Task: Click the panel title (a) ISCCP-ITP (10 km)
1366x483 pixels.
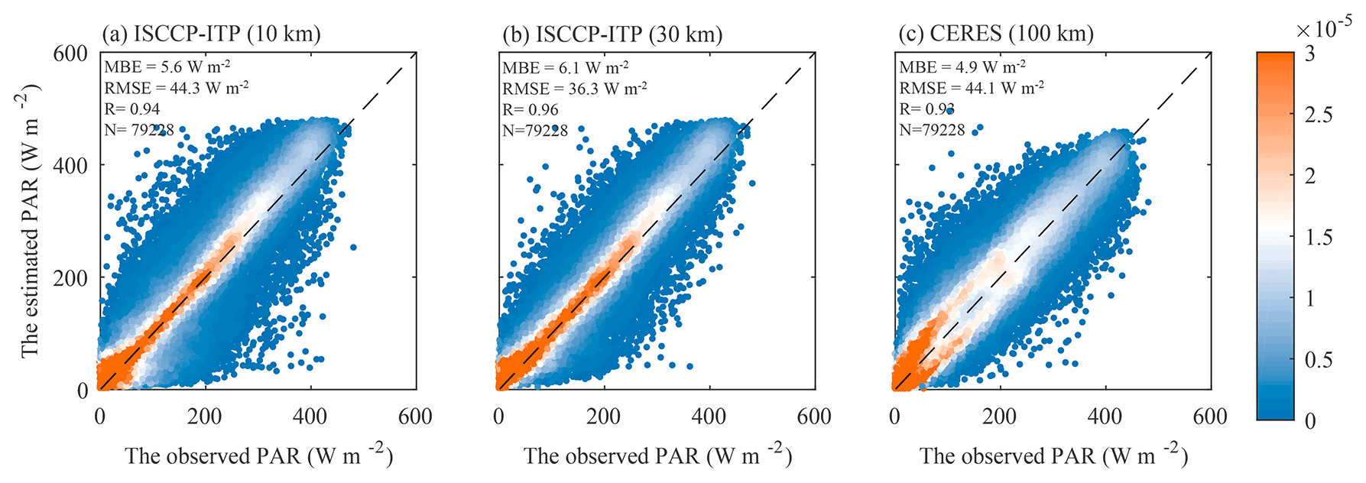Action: (212, 34)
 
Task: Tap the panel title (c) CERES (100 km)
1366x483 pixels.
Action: (996, 34)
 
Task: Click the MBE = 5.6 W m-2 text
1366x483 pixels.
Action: (167, 67)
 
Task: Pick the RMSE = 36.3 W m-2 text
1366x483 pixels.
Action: (574, 89)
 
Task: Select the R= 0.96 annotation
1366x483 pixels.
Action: (530, 110)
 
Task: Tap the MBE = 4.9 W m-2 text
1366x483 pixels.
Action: (962, 67)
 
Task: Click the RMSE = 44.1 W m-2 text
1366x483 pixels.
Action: (972, 89)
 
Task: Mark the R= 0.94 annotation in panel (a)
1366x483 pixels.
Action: (132, 109)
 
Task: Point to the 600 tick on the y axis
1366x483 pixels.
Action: (70, 53)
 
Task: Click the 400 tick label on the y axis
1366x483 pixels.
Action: (70, 165)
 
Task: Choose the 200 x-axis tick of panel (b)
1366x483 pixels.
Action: (604, 417)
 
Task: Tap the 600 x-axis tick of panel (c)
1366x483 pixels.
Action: (1210, 417)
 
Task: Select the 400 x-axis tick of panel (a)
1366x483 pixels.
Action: (310, 417)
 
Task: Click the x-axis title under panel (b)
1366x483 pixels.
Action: (657, 456)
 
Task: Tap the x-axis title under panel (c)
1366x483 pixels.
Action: (1053, 456)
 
